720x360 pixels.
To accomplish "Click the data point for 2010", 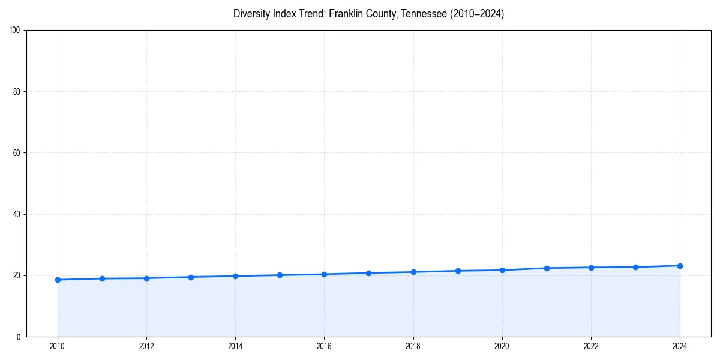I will tap(58, 280).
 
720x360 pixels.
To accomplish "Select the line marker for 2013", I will tap(191, 277).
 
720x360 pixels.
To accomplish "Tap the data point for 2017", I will tap(368, 273).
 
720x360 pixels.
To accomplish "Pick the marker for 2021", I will tap(547, 268).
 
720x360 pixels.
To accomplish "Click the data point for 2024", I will tap(680, 266).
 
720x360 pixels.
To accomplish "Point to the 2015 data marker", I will tap(280, 275).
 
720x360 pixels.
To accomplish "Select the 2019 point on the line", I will tap(458, 271).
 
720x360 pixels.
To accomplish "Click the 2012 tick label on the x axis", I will tap(146, 346).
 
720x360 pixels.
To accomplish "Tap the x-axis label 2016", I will tap(324, 346).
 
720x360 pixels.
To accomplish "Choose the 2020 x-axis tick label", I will tap(502, 346).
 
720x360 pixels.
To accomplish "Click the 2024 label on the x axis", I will tap(680, 346).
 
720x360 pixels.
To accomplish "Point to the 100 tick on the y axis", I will tap(15, 31).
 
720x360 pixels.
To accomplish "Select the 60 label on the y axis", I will tap(17, 153).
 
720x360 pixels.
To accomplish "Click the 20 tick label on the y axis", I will tap(17, 275).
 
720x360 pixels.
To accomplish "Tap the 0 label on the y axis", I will tap(19, 337).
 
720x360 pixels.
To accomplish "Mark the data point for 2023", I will tap(635, 267).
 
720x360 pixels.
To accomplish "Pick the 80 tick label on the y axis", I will tap(17, 92).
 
